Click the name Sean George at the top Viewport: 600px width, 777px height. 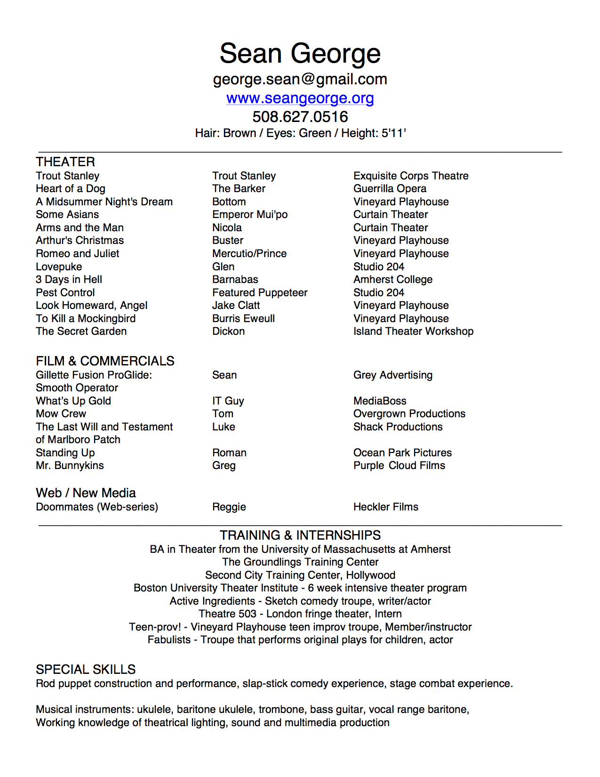300,53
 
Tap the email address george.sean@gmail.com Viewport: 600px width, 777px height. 300,79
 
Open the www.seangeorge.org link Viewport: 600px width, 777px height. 300,98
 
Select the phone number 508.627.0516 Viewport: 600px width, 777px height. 300,116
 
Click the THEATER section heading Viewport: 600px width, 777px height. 65,162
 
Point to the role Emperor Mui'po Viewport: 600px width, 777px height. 250,215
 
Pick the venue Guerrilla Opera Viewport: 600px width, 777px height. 390,189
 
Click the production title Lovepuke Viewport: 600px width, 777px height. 59,267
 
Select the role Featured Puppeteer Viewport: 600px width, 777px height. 260,293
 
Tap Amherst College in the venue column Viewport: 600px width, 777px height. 393,280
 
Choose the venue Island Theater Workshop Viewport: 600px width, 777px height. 413,332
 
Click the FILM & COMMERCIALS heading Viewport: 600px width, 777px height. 105,361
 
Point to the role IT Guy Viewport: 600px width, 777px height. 228,401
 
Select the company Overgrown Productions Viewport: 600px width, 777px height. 409,414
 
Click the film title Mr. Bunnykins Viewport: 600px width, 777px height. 70,466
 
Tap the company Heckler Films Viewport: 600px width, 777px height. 386,507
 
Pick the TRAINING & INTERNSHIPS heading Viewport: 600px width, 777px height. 300,535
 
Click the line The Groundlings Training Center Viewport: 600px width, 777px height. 300,562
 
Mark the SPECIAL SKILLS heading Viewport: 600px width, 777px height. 86,670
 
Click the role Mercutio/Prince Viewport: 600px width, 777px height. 249,254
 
